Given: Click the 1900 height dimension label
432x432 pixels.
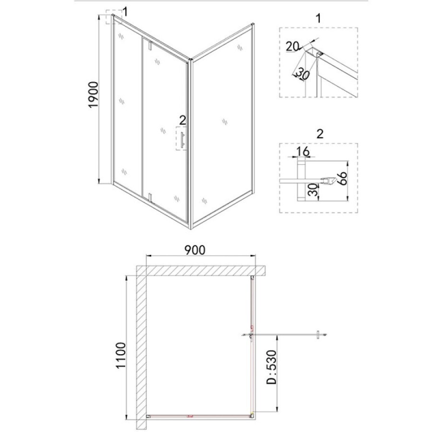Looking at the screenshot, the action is (94, 95).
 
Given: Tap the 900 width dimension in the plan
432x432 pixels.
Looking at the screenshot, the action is (195, 250).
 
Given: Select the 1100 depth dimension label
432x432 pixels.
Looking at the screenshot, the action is (121, 355).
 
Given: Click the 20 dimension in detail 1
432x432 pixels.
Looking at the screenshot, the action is (292, 46).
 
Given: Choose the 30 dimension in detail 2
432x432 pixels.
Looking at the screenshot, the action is (312, 190).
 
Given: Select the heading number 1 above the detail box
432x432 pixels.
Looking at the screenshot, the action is (318, 18).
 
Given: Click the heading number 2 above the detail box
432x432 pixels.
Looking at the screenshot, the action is (320, 134).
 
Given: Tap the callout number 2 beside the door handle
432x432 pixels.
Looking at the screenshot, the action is (183, 120).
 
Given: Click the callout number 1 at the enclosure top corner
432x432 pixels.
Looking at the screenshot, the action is (125, 12).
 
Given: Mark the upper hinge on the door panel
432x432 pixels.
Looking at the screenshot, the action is (150, 46).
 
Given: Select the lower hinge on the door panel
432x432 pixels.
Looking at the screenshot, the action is (150, 198).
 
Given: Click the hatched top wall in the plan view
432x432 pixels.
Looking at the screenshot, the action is (201, 271).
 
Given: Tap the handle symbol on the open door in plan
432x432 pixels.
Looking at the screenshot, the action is (318, 335).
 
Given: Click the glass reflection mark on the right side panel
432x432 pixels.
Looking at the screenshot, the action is (225, 121).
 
